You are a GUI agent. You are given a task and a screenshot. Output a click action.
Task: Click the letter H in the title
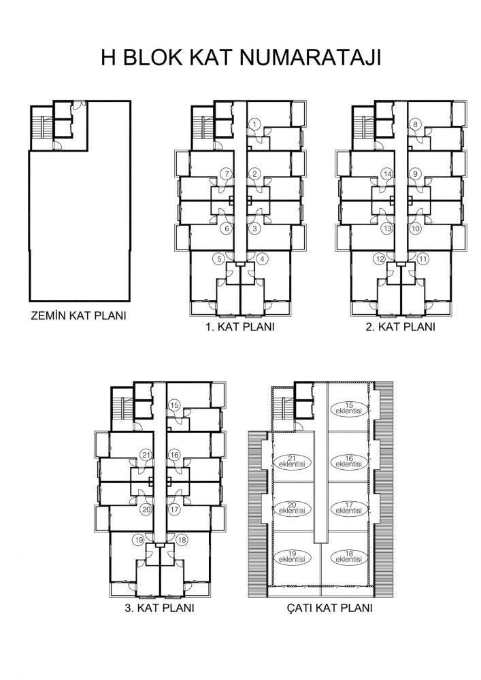(108, 57)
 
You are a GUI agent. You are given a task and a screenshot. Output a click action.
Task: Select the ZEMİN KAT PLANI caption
(78, 316)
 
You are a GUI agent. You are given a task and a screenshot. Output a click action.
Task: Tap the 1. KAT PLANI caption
(240, 326)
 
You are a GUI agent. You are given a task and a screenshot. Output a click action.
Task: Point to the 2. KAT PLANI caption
(400, 326)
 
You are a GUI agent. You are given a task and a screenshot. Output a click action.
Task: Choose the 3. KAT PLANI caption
(159, 607)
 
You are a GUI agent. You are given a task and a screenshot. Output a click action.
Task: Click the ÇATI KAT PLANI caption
(330, 607)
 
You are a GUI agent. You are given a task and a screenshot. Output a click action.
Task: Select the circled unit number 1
(254, 124)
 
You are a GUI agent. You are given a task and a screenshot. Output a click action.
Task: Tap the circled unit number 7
(227, 174)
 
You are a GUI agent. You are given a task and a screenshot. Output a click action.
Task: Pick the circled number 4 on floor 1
(262, 259)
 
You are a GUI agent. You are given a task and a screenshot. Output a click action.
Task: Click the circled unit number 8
(415, 124)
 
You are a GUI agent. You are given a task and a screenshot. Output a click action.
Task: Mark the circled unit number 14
(387, 174)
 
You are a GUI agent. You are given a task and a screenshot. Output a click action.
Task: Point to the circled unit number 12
(380, 259)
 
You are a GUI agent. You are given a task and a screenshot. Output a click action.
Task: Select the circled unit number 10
(416, 228)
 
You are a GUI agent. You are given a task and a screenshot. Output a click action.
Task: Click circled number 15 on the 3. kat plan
(174, 405)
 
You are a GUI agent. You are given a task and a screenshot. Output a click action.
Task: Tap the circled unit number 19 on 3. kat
(139, 540)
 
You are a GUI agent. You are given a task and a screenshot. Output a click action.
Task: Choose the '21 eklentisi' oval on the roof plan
(293, 462)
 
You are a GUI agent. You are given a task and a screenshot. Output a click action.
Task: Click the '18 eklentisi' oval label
(349, 557)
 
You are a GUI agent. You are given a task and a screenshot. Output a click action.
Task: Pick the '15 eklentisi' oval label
(349, 409)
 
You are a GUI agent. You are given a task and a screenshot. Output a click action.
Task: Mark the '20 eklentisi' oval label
(293, 508)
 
